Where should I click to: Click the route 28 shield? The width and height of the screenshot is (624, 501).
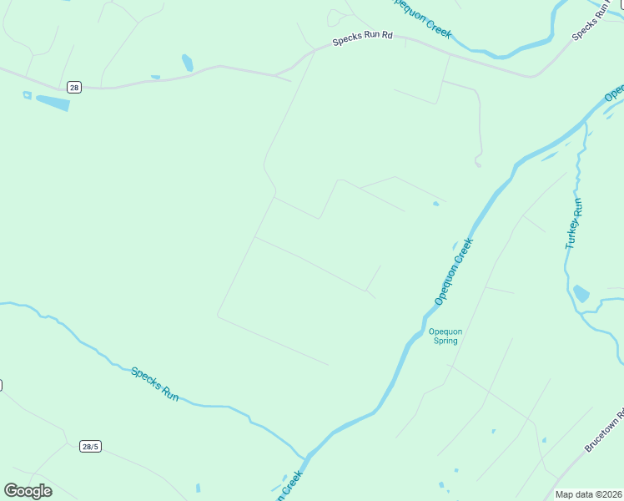(74, 87)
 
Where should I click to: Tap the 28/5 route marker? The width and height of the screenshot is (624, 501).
(90, 447)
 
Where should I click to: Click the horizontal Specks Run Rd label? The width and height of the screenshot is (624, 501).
(362, 39)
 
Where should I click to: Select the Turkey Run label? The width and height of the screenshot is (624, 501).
(573, 223)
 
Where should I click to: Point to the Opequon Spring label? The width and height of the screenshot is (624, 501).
(445, 337)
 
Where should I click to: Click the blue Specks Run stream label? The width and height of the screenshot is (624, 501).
(155, 383)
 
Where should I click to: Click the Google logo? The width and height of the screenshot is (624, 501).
(28, 490)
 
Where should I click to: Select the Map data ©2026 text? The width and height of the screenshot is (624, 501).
(588, 494)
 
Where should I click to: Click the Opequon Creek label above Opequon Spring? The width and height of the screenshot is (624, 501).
(454, 271)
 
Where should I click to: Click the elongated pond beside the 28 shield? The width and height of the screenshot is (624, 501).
(53, 103)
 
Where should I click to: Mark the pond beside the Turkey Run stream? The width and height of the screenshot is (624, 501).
(581, 293)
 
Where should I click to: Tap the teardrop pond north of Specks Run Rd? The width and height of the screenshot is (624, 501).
(188, 63)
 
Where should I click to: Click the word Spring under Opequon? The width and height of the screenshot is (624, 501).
(445, 342)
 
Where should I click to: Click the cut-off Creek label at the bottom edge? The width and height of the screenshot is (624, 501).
(285, 484)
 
